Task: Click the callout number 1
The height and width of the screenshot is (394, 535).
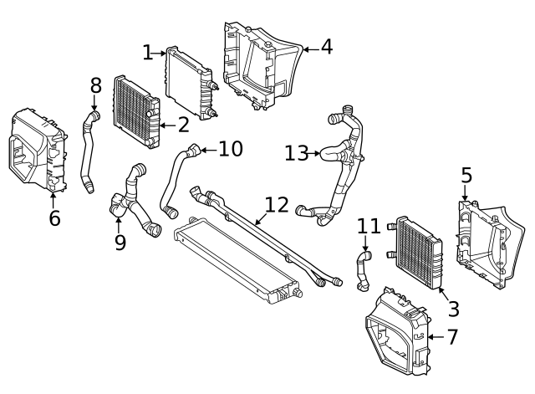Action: [148, 53]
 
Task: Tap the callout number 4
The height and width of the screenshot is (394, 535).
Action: [326, 47]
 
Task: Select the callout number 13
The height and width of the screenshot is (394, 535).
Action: [295, 153]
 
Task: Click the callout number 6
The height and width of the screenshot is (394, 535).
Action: [54, 219]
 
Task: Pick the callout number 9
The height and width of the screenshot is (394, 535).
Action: [120, 243]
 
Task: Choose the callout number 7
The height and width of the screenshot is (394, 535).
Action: [452, 337]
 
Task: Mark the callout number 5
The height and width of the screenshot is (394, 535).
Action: [466, 176]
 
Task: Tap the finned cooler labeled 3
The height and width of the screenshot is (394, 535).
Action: [416, 252]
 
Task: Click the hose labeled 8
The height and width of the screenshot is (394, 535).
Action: [87, 151]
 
